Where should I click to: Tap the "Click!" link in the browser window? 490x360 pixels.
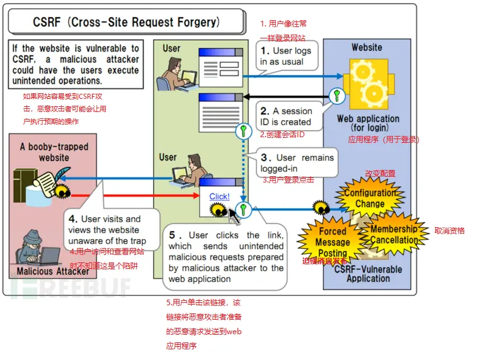pyautogui.click(x=219, y=196)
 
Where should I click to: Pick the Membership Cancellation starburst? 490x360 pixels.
pyautogui.click(x=394, y=234)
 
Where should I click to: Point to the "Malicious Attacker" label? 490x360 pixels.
pyautogui.click(x=53, y=271)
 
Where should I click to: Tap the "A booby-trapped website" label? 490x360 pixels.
pyautogui.click(x=54, y=152)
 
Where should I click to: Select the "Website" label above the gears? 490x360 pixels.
pyautogui.click(x=367, y=47)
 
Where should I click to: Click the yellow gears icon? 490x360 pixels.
pyautogui.click(x=367, y=85)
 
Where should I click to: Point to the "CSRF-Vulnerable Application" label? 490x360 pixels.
pyautogui.click(x=368, y=273)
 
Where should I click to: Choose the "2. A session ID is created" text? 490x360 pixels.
pyautogui.click(x=286, y=116)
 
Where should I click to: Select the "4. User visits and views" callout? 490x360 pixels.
pyautogui.click(x=107, y=230)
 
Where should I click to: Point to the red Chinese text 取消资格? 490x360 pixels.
pyautogui.click(x=449, y=231)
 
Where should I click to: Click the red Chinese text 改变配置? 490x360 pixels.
pyautogui.click(x=380, y=173)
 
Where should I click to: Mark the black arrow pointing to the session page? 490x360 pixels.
pyautogui.click(x=283, y=96)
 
